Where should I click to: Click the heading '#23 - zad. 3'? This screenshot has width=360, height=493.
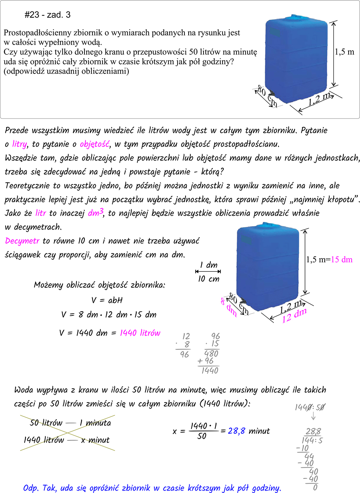click(47, 15)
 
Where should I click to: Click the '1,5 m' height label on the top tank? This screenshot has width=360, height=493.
click(344, 52)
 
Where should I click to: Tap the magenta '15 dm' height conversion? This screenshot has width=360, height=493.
click(342, 260)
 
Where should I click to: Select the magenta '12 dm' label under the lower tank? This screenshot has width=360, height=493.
click(294, 316)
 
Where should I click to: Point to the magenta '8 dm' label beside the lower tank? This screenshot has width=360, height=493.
click(228, 307)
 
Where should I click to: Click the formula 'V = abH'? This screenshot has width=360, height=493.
click(107, 300)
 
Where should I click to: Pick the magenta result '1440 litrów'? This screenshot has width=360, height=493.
click(140, 333)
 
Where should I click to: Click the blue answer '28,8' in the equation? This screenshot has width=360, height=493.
click(236, 431)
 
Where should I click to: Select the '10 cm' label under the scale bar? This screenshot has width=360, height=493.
click(208, 279)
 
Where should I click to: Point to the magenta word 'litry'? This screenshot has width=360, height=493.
click(19, 144)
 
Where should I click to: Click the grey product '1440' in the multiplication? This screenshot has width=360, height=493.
click(210, 371)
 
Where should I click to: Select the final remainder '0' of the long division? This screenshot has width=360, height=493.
click(315, 487)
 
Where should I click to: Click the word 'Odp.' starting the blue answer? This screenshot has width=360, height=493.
click(31, 488)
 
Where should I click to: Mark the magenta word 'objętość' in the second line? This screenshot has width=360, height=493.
click(94, 144)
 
